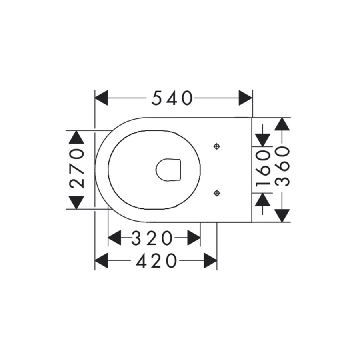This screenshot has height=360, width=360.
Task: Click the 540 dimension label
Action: (172, 98)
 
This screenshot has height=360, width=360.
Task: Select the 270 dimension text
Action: (76, 168)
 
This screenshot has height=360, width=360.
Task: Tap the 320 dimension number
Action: (152, 238)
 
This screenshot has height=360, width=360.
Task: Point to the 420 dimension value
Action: (156, 260)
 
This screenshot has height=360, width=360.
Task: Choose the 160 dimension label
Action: (263, 169)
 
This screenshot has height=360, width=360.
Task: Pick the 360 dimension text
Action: (282, 166)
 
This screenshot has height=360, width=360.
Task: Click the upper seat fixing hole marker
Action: (217, 146)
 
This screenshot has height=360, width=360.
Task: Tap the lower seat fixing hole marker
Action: (217, 193)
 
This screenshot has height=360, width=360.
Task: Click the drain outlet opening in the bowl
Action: (168, 170)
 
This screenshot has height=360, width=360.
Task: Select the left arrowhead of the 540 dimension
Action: (101, 98)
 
